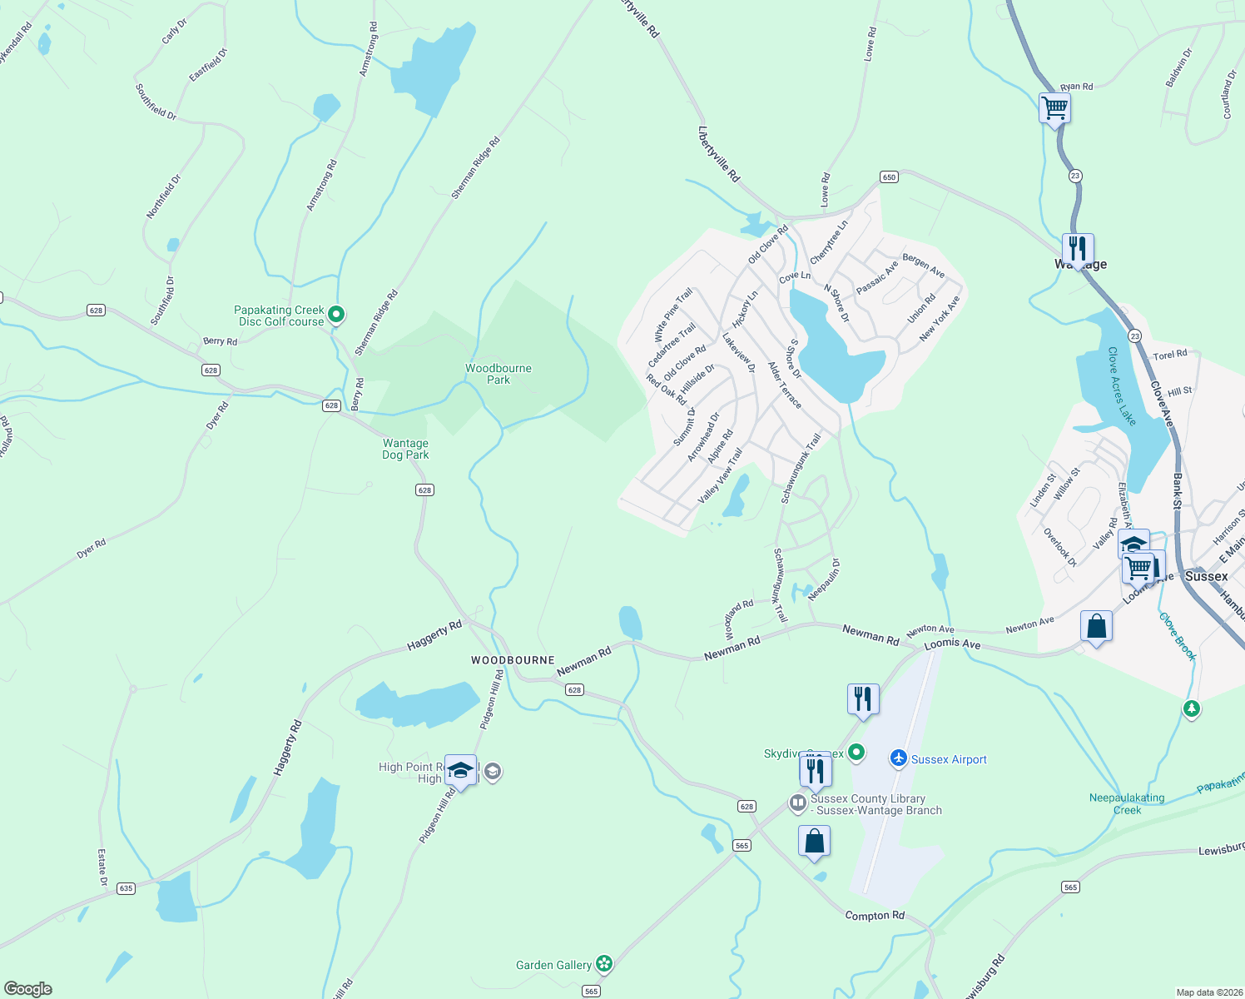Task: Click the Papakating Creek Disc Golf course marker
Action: click(336, 315)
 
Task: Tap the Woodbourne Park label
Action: click(498, 374)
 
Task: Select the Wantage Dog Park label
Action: click(405, 449)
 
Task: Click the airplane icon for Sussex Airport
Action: click(898, 758)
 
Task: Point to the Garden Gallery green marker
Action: click(604, 964)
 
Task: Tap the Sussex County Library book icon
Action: click(797, 803)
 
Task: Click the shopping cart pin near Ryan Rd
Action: click(1054, 107)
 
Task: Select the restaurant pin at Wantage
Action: click(1077, 248)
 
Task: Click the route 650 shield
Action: click(889, 176)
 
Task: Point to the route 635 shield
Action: click(126, 888)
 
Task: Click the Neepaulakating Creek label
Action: click(1127, 803)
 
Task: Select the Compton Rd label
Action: click(874, 916)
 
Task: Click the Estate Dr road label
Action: click(103, 867)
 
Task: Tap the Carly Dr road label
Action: click(174, 32)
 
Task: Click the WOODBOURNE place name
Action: click(513, 660)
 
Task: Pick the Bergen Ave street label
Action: click(924, 266)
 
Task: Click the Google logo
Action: click(28, 989)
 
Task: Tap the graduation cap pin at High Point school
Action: click(460, 770)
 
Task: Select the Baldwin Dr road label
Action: click(1179, 67)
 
